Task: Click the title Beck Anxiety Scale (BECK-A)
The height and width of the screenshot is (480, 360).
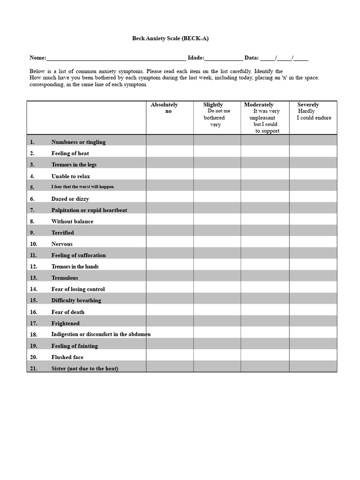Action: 170,38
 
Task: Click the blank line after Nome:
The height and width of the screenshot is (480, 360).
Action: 116,59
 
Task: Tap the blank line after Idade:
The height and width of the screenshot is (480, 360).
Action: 224,59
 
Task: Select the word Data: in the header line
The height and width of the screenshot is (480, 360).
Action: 251,58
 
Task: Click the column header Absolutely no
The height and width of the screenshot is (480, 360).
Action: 164,108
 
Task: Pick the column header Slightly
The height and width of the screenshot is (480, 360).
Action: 213,105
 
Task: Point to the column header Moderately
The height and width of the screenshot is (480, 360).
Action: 259,105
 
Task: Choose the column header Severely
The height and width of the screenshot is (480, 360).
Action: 308,105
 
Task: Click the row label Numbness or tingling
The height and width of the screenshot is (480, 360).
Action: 78,142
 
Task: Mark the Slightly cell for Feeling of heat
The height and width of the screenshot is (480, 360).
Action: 217,153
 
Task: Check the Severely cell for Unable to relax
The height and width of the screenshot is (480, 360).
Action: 313,176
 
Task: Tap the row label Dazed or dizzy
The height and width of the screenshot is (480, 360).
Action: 70,199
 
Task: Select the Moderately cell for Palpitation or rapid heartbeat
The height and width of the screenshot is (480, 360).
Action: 265,210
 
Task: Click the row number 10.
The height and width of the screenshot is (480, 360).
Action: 33,244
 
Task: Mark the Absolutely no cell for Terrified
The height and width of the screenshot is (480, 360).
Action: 170,232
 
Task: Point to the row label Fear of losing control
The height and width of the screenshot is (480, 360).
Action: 78,289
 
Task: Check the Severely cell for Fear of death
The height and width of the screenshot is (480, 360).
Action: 313,312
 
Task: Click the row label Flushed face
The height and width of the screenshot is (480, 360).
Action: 67,357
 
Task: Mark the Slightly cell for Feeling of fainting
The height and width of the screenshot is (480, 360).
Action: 217,346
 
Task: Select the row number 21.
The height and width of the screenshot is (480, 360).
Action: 33,368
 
